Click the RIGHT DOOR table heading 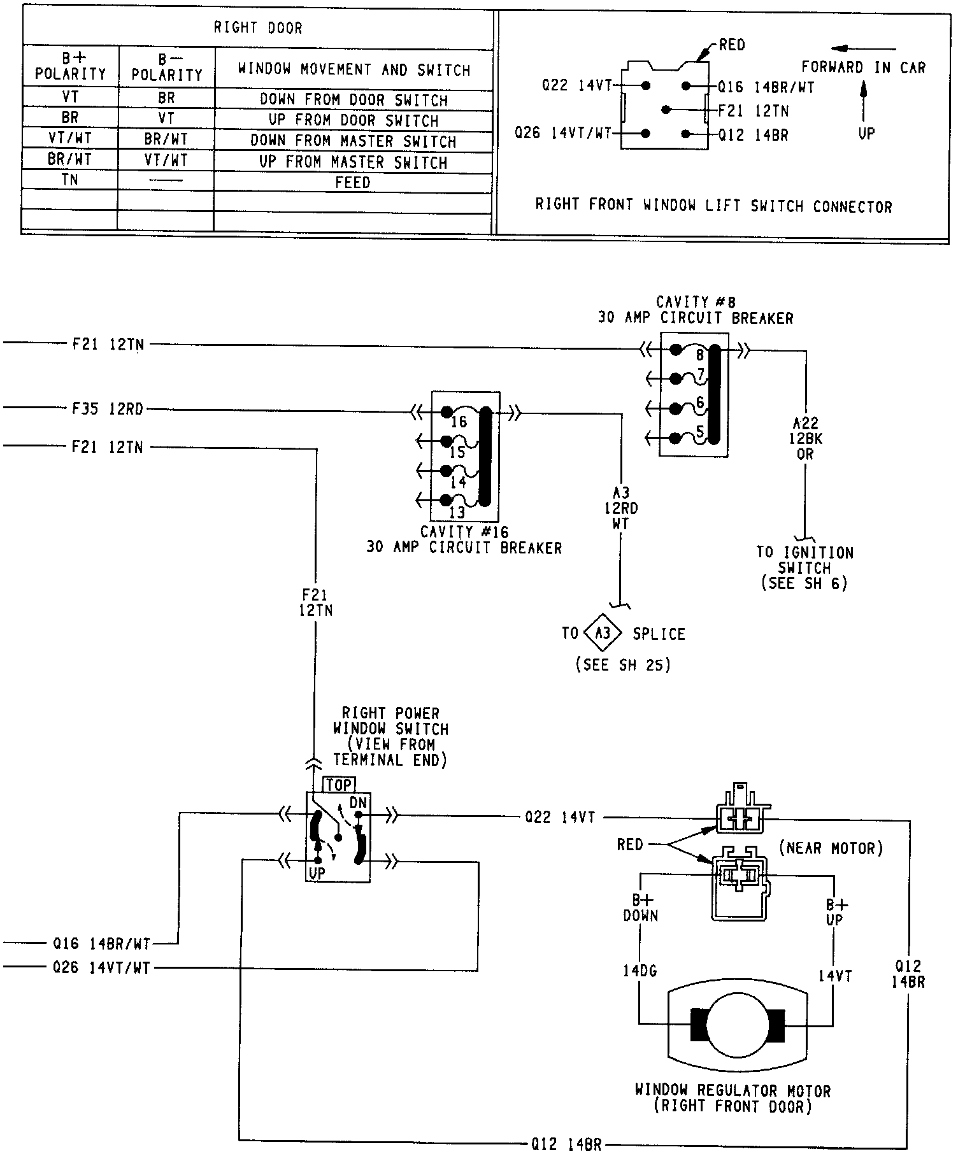tap(258, 28)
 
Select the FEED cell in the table tap(353, 182)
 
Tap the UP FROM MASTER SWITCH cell tap(353, 162)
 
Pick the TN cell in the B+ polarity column tap(70, 180)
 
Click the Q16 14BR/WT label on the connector tap(766, 87)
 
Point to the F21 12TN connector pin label tap(754, 111)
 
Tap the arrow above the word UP tap(863, 102)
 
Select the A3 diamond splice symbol tap(602, 633)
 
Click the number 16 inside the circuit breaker tap(459, 422)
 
